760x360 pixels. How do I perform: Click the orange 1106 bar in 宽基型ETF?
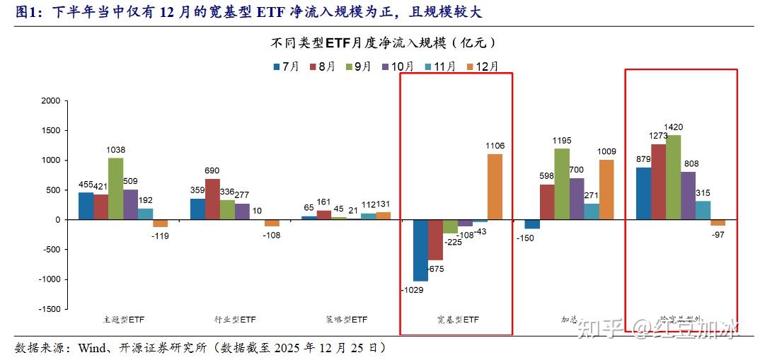(x=495, y=187)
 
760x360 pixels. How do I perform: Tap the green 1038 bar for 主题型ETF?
(x=115, y=188)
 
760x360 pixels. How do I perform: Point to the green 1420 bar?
(x=674, y=177)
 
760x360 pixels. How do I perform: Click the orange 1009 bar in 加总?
(x=606, y=190)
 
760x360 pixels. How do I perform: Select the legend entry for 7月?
(x=287, y=66)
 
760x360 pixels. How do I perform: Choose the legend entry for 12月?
(x=483, y=66)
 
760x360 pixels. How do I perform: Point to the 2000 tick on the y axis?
(x=51, y=100)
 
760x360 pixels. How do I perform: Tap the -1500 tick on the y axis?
(x=50, y=309)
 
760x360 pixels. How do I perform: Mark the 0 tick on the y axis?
(x=57, y=220)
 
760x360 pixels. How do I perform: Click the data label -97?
(x=718, y=235)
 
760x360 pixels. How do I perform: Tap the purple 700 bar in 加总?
(x=577, y=199)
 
